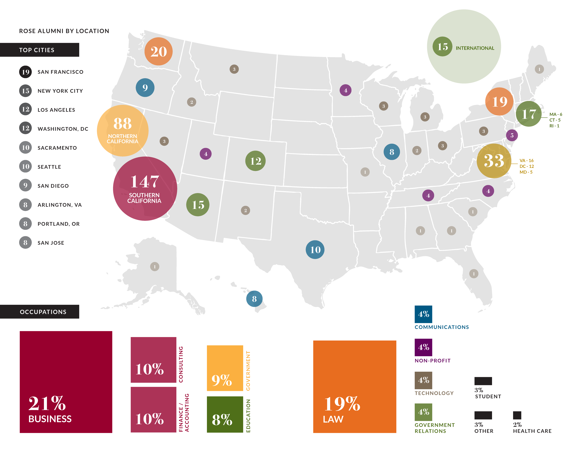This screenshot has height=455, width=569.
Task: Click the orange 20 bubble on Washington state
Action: click(x=158, y=51)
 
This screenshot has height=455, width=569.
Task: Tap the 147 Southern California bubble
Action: click(x=145, y=189)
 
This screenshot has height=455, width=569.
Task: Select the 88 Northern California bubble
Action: click(x=123, y=130)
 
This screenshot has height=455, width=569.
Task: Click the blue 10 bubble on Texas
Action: click(x=315, y=250)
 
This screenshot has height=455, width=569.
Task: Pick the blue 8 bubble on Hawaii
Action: click(x=254, y=299)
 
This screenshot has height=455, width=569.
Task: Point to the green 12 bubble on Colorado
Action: click(x=255, y=161)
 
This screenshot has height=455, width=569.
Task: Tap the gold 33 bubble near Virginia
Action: click(x=494, y=161)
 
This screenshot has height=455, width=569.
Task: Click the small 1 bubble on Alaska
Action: click(x=155, y=266)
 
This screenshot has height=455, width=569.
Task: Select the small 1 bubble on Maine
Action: click(x=539, y=69)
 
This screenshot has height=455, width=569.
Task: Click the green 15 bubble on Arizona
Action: click(x=198, y=205)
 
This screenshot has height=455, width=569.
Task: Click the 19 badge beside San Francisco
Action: click(x=26, y=72)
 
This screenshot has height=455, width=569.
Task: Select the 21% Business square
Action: click(x=66, y=382)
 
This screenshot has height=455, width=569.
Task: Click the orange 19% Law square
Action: click(x=355, y=387)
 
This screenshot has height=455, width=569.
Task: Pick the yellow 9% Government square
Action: click(x=225, y=368)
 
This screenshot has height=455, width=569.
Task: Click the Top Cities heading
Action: click(x=37, y=50)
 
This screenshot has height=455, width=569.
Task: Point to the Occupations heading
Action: click(x=43, y=312)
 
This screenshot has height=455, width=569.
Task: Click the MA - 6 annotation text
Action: click(x=556, y=114)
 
